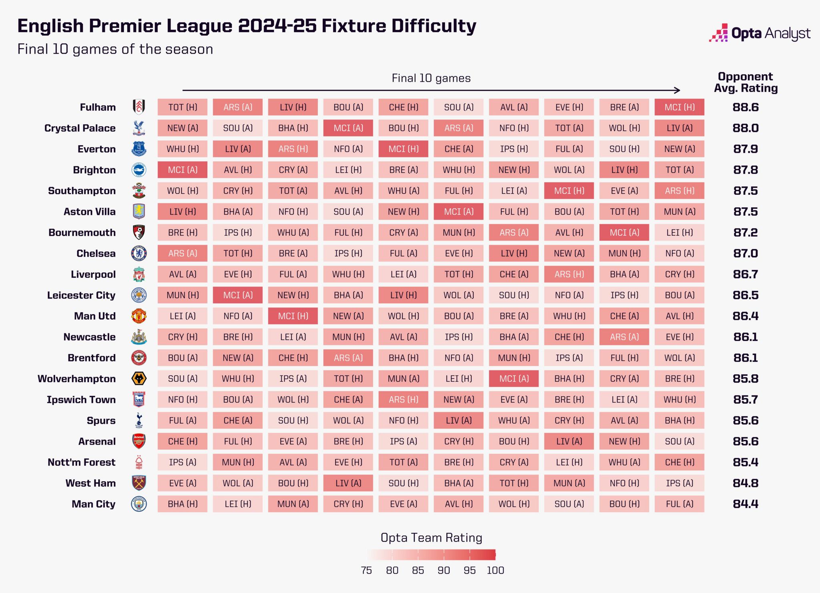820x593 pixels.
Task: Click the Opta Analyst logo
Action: (760, 33)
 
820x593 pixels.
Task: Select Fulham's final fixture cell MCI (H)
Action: (679, 107)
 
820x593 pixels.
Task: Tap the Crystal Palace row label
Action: (80, 128)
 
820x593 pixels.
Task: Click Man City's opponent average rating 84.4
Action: (745, 504)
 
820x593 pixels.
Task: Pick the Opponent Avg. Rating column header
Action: (745, 82)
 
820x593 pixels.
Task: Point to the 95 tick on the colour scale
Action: (469, 570)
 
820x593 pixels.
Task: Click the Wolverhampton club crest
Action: (139, 379)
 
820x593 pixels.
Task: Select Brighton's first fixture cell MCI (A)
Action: (183, 170)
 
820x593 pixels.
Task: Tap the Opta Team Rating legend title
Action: (431, 537)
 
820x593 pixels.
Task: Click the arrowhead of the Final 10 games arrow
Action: (677, 90)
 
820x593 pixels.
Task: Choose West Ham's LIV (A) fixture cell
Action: (348, 483)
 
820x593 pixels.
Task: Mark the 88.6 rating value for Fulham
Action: (745, 107)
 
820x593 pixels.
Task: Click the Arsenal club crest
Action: (139, 441)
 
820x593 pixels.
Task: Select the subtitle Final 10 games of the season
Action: (115, 49)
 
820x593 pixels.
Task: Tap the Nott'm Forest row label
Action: (81, 462)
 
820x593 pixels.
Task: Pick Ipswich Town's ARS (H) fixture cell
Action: (403, 399)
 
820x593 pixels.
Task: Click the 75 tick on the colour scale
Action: (366, 570)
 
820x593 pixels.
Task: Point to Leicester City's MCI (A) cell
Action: (238, 295)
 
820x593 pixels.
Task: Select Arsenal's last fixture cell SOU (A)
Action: (679, 441)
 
